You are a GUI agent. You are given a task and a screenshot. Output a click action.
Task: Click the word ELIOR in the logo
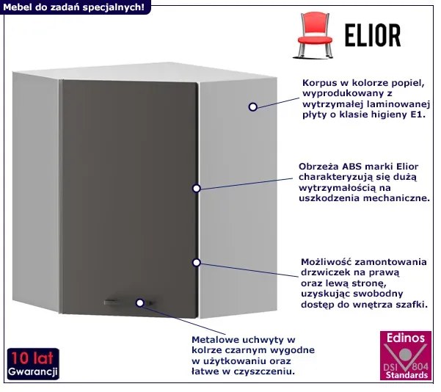click(372, 35)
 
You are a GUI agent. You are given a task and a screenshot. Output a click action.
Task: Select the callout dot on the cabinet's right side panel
click(252, 106)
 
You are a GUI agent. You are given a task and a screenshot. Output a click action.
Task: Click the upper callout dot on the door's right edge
click(196, 188)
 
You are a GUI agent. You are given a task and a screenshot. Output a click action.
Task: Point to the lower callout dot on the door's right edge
click(196, 262)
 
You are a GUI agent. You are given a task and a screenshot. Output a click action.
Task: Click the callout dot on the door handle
click(139, 301)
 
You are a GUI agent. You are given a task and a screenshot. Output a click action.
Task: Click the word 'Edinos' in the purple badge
click(405, 338)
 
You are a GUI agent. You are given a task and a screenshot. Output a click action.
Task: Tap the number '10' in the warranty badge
click(18, 358)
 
